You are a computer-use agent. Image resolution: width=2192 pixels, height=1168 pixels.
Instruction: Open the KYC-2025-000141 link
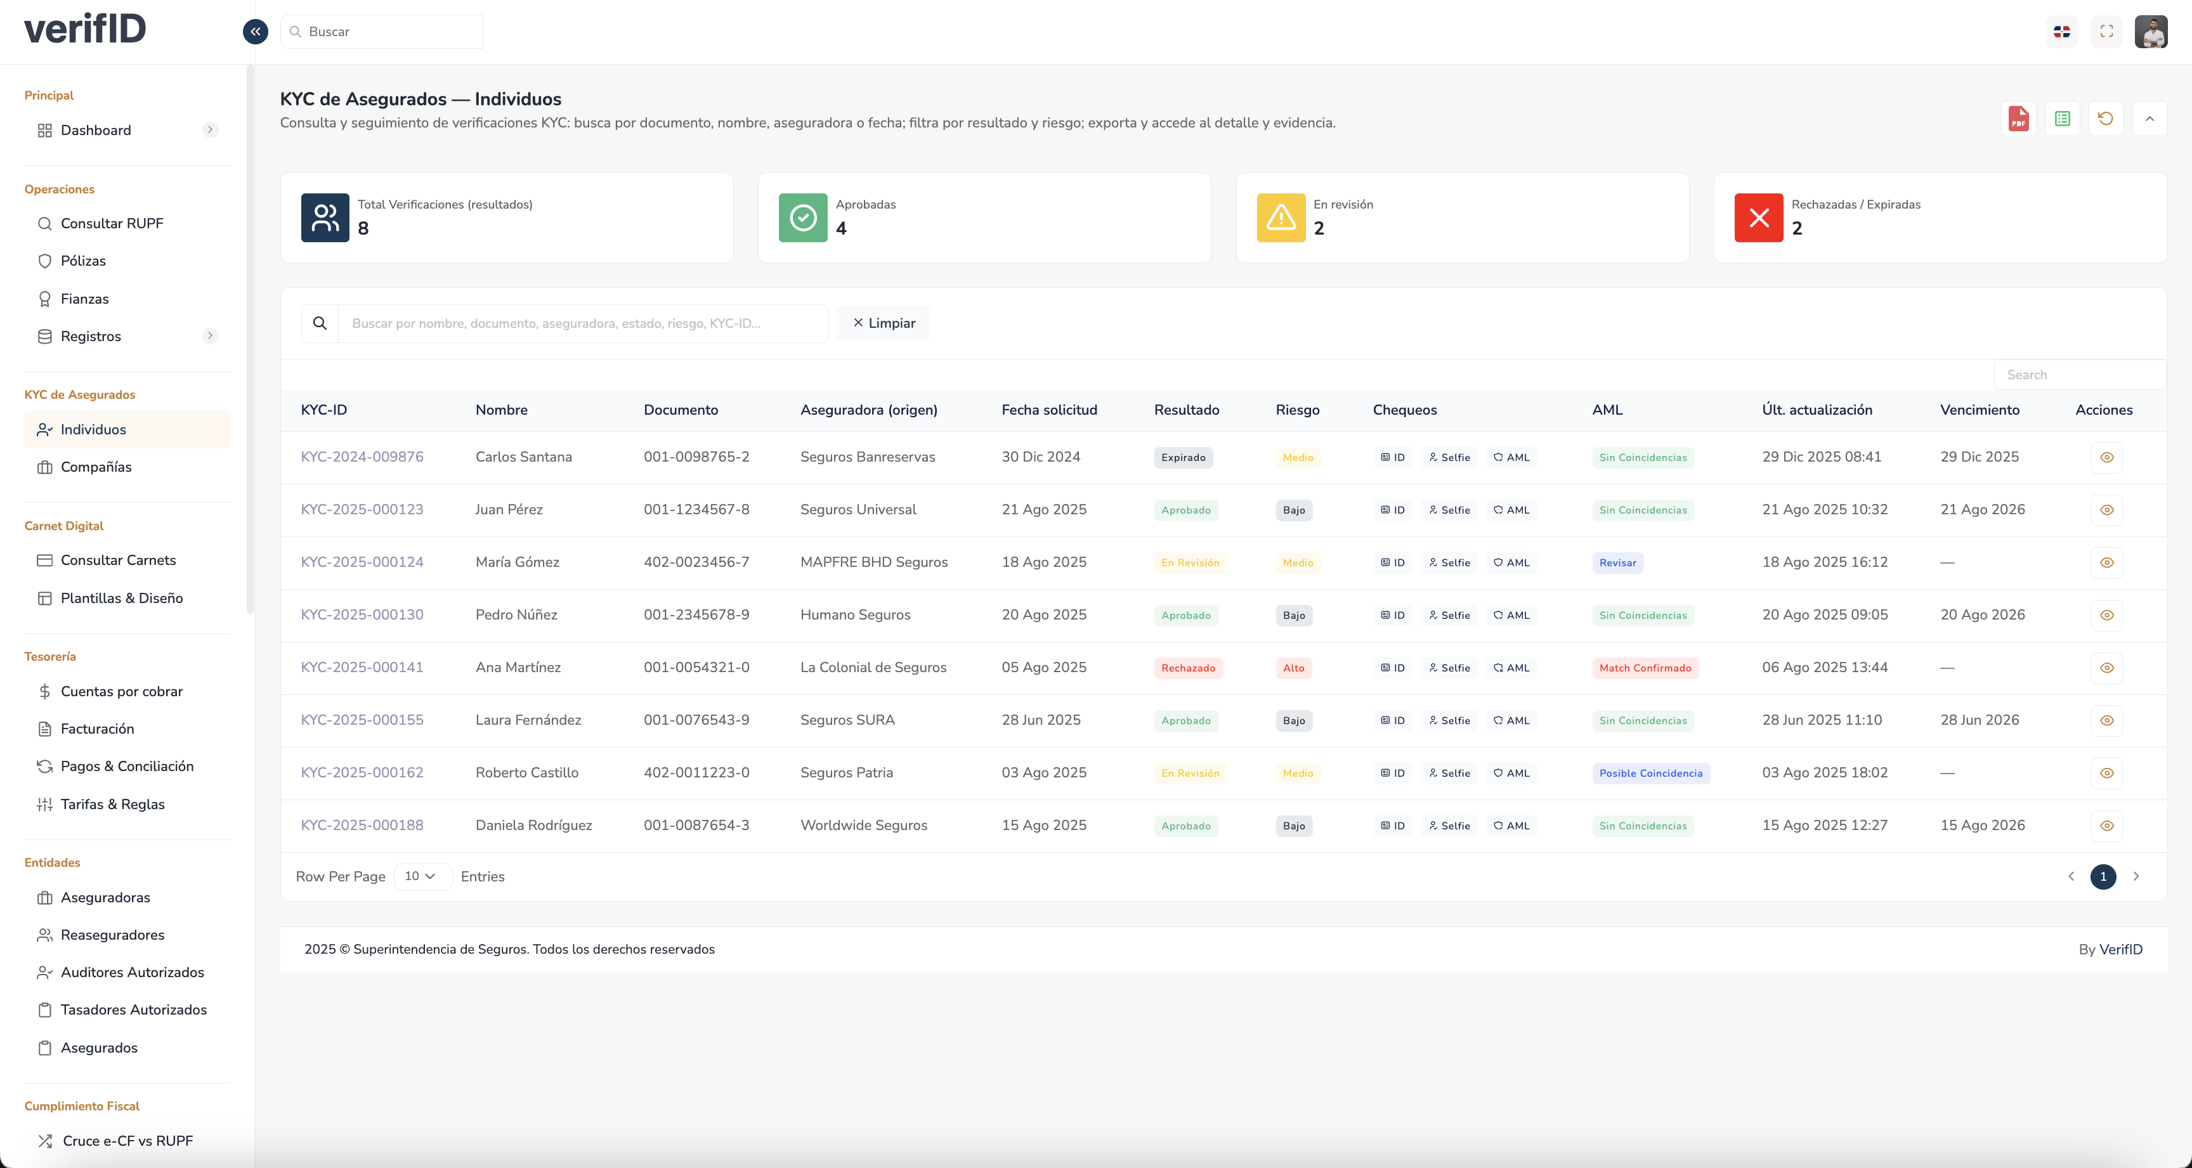click(362, 668)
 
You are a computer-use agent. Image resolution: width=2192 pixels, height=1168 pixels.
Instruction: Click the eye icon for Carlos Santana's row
click(2106, 458)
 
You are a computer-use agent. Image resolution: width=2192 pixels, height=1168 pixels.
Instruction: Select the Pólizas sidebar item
click(82, 261)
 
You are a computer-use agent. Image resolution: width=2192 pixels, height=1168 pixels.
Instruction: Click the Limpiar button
click(884, 323)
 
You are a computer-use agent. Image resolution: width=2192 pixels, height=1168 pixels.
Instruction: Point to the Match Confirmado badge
click(1645, 668)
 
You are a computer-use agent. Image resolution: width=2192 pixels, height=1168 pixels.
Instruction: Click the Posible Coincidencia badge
click(1650, 774)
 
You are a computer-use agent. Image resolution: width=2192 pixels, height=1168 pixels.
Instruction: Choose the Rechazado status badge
click(1188, 668)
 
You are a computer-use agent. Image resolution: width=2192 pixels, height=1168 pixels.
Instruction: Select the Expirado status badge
click(1183, 458)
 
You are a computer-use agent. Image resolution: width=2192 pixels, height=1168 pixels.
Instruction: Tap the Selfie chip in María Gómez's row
click(1449, 563)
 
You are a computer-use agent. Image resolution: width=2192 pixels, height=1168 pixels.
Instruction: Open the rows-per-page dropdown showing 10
click(421, 876)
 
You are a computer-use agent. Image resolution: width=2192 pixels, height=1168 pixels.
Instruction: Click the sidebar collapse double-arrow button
click(255, 32)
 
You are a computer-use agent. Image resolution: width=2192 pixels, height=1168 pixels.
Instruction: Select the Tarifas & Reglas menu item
click(112, 805)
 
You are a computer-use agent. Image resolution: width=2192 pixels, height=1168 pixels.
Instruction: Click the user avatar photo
click(2150, 32)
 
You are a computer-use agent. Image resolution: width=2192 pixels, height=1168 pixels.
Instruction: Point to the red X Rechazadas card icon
click(1758, 217)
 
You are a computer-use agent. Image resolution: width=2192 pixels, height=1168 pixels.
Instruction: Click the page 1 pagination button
click(2103, 876)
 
